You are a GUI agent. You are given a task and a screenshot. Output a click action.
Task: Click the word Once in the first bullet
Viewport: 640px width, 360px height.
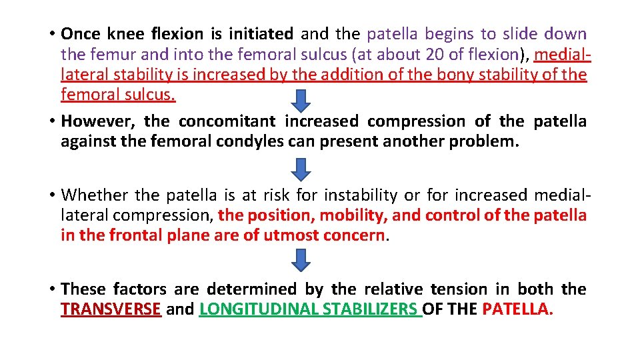tap(81, 33)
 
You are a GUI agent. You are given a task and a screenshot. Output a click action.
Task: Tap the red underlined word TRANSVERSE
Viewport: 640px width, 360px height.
tap(111, 309)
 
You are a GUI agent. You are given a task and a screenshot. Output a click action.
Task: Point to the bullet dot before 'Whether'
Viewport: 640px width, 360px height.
tap(51, 195)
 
